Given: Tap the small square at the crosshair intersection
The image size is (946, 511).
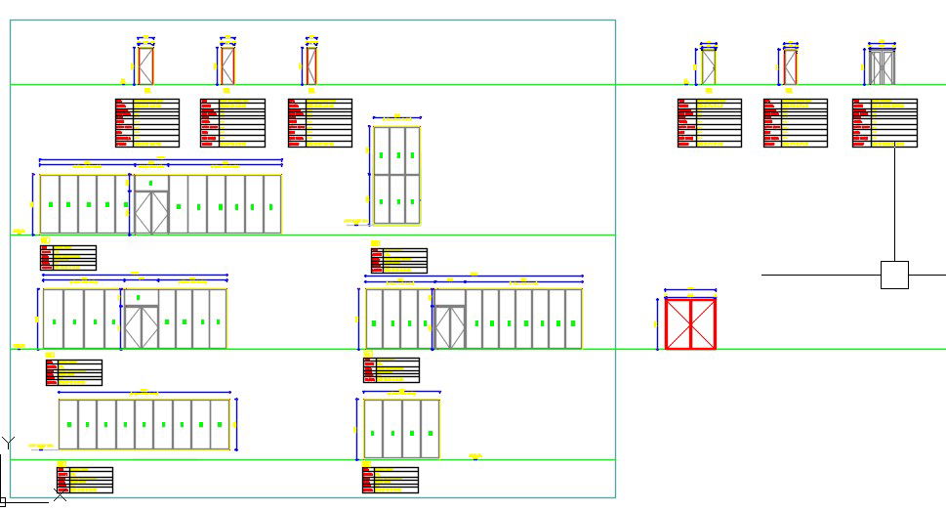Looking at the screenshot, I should (x=894, y=275).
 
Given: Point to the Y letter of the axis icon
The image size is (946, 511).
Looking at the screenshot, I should (x=9, y=443).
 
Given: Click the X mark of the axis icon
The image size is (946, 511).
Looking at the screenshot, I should (x=61, y=495).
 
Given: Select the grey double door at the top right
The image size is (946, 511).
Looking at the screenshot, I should (x=883, y=67).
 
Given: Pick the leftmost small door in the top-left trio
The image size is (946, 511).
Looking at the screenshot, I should (x=145, y=66).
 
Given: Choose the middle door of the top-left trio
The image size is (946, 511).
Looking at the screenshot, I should (x=227, y=66).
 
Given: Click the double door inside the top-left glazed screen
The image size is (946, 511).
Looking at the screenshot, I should (x=151, y=212).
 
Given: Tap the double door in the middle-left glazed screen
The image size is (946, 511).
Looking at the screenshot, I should (x=142, y=326).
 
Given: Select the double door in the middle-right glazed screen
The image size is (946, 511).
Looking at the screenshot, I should (x=450, y=326).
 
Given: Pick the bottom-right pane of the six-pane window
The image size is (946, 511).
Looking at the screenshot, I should (x=412, y=199).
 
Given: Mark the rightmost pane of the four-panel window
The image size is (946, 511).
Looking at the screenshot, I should (x=430, y=428).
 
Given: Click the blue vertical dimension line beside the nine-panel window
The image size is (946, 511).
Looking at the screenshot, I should (x=237, y=424).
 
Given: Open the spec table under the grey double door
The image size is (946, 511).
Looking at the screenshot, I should (x=884, y=123).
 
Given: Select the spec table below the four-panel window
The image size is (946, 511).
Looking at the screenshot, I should (x=391, y=480).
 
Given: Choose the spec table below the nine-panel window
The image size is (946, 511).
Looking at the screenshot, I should (x=85, y=480).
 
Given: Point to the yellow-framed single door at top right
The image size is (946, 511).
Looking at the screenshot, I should (x=708, y=67).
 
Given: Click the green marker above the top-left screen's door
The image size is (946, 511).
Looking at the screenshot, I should (x=151, y=183).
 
